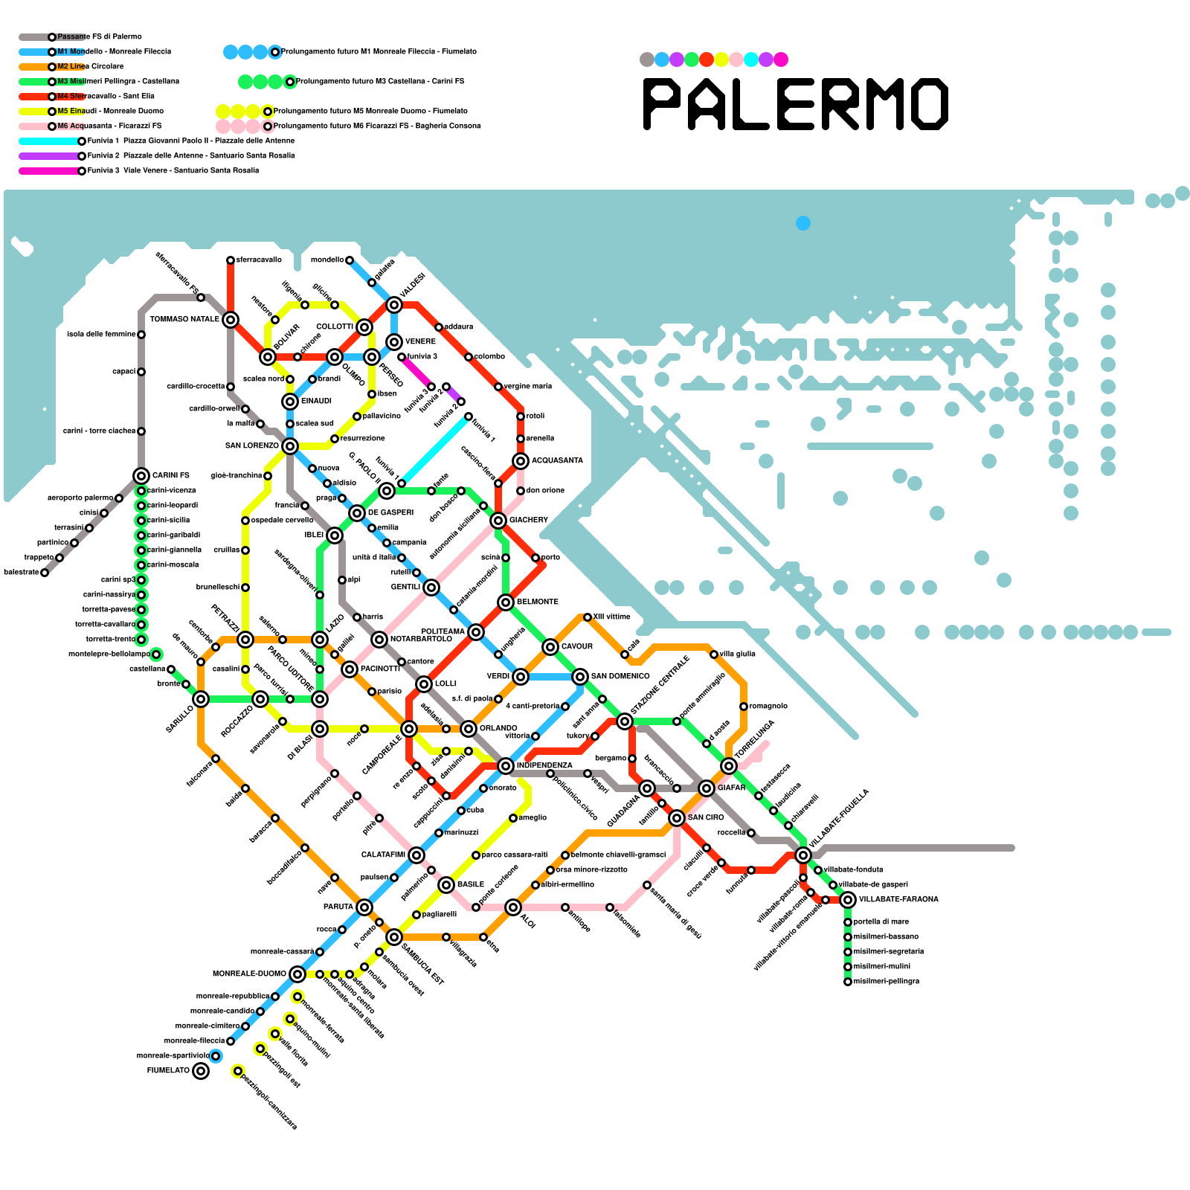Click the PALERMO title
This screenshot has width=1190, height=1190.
click(795, 104)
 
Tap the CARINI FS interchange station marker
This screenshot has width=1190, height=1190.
click(141, 476)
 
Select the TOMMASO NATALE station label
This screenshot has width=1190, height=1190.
click(184, 320)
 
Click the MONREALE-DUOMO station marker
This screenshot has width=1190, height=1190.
click(297, 974)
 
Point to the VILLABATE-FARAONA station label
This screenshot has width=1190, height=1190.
click(898, 900)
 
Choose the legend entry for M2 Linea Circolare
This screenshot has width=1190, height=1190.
click(90, 67)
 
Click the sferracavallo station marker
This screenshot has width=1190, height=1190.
click(231, 260)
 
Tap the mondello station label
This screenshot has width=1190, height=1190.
click(327, 260)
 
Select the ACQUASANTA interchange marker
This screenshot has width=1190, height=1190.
click(521, 461)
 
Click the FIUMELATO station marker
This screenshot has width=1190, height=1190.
click(201, 1071)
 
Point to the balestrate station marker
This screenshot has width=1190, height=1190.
click(45, 573)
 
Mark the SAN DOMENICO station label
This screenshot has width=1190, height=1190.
click(620, 677)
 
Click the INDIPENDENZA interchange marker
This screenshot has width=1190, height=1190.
click(506, 766)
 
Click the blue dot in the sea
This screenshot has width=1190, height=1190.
click(803, 223)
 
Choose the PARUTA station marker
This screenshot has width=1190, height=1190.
click(364, 907)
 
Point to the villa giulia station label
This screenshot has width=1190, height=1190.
click(737, 654)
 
